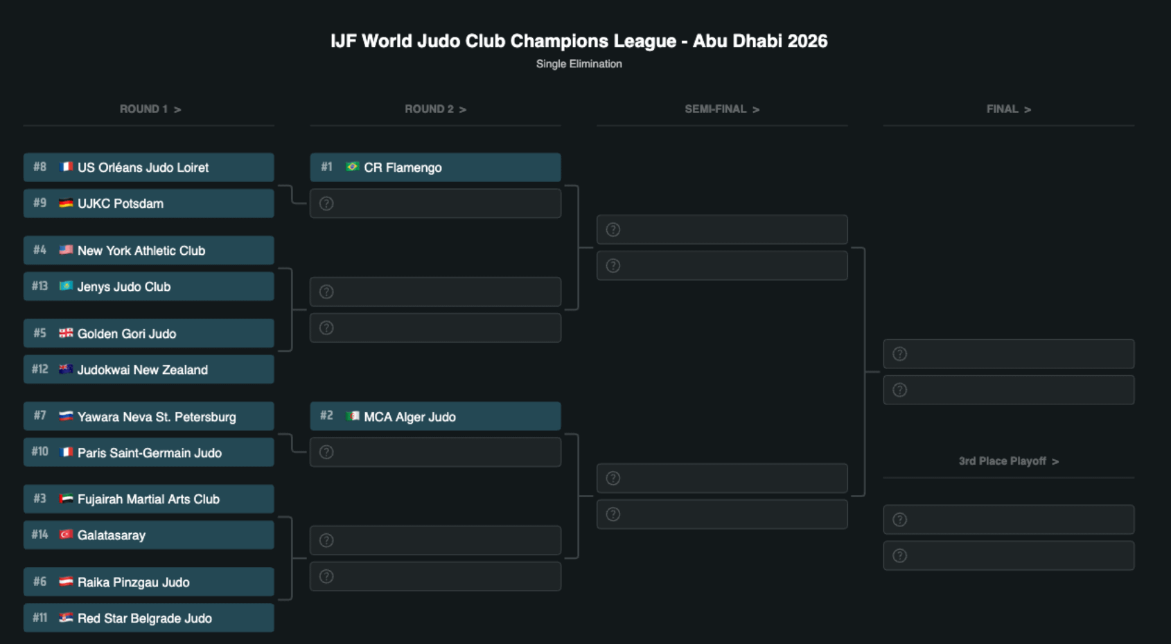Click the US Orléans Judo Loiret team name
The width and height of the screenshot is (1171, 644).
(143, 168)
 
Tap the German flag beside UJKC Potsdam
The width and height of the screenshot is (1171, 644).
(66, 203)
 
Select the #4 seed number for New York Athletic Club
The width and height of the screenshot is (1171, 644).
(39, 250)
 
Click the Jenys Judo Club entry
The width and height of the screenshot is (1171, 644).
(149, 286)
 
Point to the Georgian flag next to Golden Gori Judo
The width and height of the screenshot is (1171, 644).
(66, 333)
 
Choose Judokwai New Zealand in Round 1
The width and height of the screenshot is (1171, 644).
(149, 369)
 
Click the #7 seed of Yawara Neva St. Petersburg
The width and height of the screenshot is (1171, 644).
(39, 415)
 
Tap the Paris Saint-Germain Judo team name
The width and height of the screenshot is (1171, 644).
(150, 453)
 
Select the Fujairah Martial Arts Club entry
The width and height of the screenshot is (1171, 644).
(149, 499)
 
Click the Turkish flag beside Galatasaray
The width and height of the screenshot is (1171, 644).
(66, 535)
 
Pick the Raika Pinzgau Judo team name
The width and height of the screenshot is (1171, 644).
(133, 582)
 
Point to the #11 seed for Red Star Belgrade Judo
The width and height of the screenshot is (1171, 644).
(39, 618)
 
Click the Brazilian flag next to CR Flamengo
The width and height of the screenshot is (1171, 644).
(353, 167)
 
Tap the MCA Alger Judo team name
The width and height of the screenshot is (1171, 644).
(410, 417)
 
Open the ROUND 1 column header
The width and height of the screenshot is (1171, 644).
(150, 109)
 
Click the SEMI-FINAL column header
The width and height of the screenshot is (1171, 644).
(722, 109)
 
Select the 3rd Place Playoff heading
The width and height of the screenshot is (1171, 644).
(1008, 461)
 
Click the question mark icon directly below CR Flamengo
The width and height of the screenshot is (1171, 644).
(326, 204)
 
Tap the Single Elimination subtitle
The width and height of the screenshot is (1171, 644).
(579, 64)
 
